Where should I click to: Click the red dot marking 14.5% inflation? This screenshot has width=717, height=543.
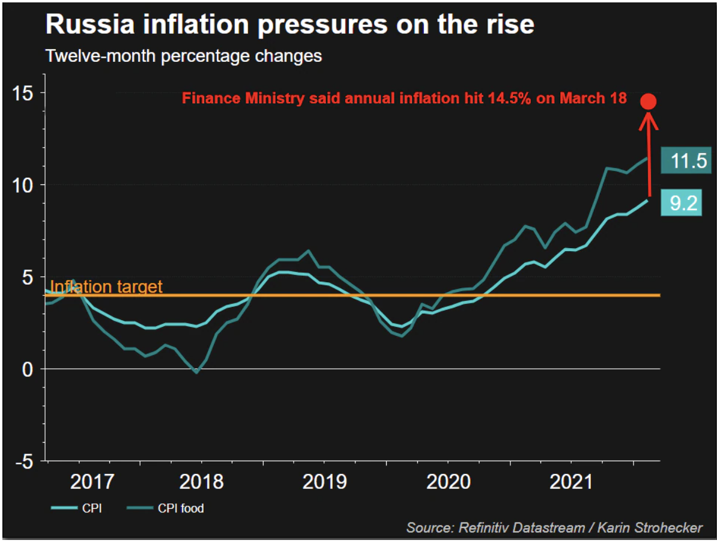(x=649, y=102)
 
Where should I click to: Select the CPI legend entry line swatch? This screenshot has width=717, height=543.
(x=64, y=509)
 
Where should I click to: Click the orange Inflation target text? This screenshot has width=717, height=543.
(x=106, y=287)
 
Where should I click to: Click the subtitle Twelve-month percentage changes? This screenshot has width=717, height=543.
(x=184, y=56)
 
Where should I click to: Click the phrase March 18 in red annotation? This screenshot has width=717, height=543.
(x=599, y=98)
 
